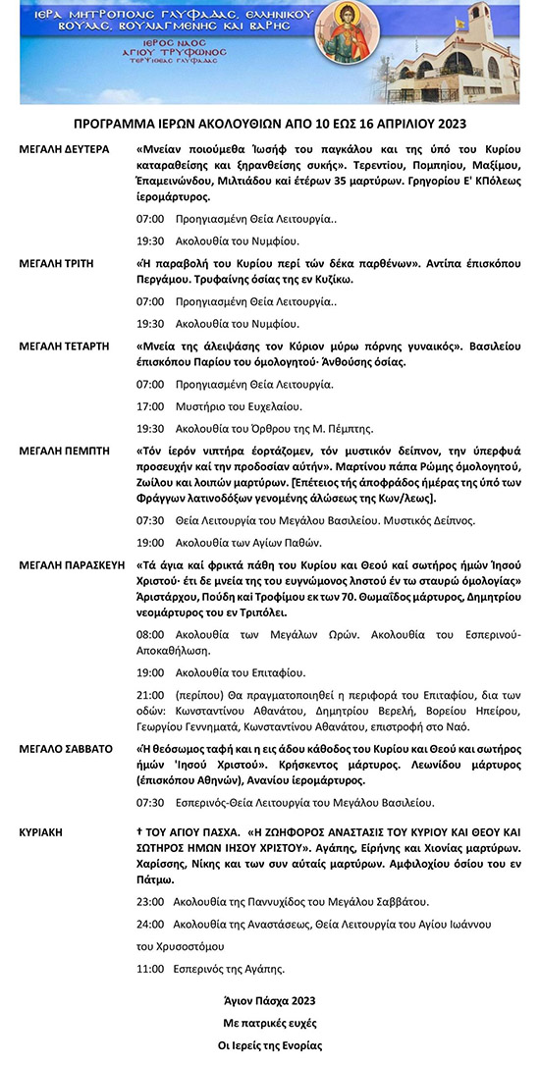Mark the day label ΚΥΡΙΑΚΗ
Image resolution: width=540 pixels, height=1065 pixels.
[41, 830]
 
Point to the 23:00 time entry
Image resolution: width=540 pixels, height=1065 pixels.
[150, 901]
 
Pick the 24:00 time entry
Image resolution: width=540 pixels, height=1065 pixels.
[150, 924]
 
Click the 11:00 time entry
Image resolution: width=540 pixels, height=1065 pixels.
[150, 969]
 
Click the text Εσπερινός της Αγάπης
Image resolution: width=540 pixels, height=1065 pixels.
[230, 969]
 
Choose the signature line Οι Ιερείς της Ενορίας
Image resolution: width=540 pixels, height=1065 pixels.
[269, 1045]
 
